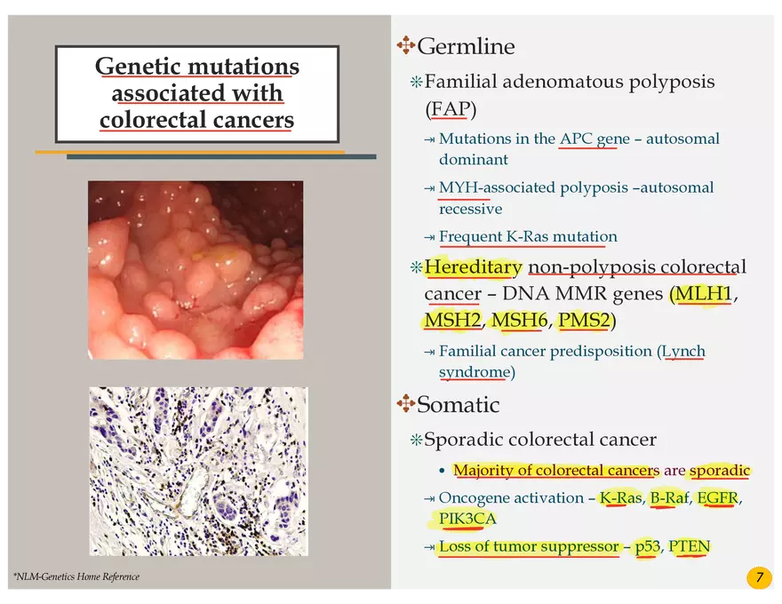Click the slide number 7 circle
[758, 578]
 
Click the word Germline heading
[466, 46]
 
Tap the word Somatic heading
[458, 405]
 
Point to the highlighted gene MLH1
[703, 294]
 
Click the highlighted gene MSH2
[452, 320]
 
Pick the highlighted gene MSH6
[520, 320]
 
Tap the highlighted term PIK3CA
[467, 519]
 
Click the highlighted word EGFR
[717, 497]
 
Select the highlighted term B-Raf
[670, 497]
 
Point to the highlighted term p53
[647, 546]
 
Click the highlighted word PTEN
[690, 546]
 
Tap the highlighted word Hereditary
[473, 267]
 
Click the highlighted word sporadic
[720, 471]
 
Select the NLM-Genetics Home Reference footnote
[76, 577]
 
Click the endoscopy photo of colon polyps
[195, 269]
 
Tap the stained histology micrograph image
[198, 471]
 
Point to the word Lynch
[683, 352]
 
